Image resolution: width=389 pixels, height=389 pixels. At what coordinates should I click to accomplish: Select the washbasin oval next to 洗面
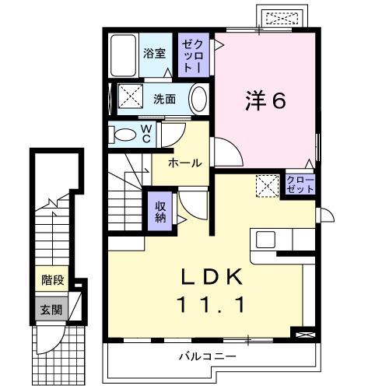click(x=199, y=100)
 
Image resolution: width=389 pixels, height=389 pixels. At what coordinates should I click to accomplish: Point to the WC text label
click(x=145, y=134)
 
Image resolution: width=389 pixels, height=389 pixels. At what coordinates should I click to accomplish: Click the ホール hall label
click(x=185, y=163)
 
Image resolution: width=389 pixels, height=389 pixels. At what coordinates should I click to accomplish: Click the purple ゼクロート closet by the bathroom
click(x=191, y=54)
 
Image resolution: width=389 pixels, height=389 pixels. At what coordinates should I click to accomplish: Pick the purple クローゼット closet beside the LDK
click(x=299, y=185)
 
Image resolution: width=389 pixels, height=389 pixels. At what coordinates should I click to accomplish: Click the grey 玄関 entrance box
click(x=48, y=308)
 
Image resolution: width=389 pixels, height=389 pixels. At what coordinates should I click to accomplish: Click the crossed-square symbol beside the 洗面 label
click(x=130, y=99)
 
